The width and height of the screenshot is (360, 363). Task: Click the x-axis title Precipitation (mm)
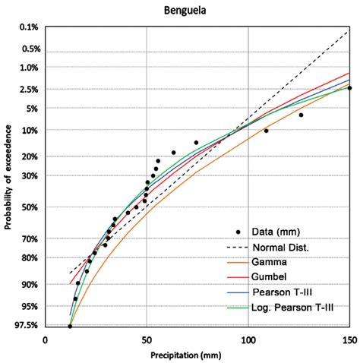click(197, 354)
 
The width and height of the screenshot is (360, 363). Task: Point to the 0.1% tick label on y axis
click(28, 27)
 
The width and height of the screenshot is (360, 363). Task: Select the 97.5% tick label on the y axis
click(27, 326)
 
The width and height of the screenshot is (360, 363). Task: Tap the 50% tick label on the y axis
click(30, 207)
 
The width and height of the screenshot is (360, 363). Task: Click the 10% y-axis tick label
click(30, 130)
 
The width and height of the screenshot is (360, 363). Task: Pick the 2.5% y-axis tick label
click(28, 90)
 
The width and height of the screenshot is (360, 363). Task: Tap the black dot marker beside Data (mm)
click(238, 232)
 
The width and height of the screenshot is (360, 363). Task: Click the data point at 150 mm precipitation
click(349, 88)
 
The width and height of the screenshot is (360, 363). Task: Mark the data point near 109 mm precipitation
click(266, 131)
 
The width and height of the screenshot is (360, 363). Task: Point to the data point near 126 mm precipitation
click(301, 115)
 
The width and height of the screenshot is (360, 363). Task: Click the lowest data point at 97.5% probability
click(70, 327)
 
